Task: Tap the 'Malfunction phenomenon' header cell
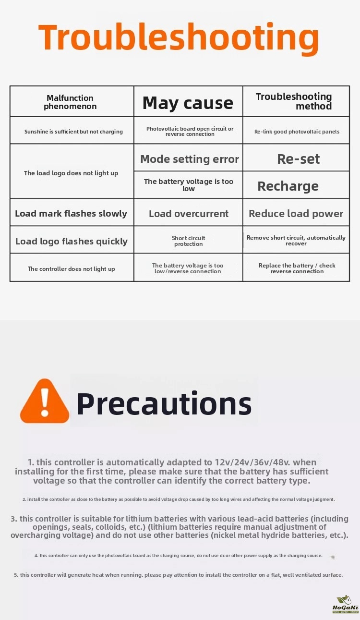point(70,102)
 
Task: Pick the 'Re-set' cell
point(298,159)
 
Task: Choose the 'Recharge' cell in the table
point(288,186)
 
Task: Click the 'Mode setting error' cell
point(189,159)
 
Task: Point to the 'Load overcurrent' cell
point(189,214)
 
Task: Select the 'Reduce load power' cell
point(296,214)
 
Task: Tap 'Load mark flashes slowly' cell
point(71,214)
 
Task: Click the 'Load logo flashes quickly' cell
point(72,241)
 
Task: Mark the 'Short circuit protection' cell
point(189,241)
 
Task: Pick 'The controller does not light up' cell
point(71,269)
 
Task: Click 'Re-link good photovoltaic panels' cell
point(297,132)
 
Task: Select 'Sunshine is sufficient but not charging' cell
point(73,132)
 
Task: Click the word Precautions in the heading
point(164,403)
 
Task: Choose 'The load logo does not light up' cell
point(71,173)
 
